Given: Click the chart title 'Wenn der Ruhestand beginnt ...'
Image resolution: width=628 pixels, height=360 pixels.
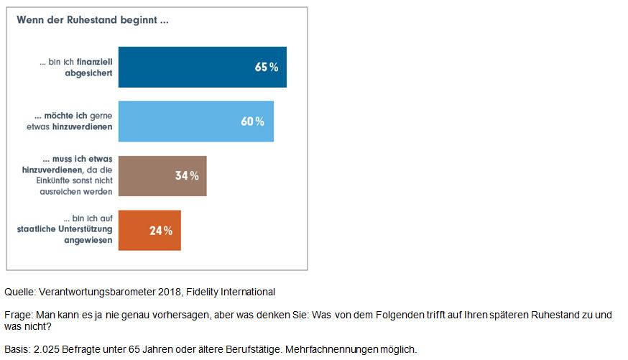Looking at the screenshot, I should (x=93, y=20).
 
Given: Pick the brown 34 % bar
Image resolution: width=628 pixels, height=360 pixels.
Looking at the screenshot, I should (x=144, y=175).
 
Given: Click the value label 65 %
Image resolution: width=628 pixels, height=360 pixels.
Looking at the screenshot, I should (x=266, y=67).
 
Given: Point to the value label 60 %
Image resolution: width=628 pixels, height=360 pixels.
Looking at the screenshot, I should (x=252, y=121).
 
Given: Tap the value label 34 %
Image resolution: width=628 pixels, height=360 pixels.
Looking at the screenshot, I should (x=187, y=175).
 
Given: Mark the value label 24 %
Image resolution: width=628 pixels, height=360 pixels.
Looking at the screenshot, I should (x=161, y=231).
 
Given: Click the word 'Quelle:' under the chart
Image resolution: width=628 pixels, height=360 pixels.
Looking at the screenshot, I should (x=20, y=292).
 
